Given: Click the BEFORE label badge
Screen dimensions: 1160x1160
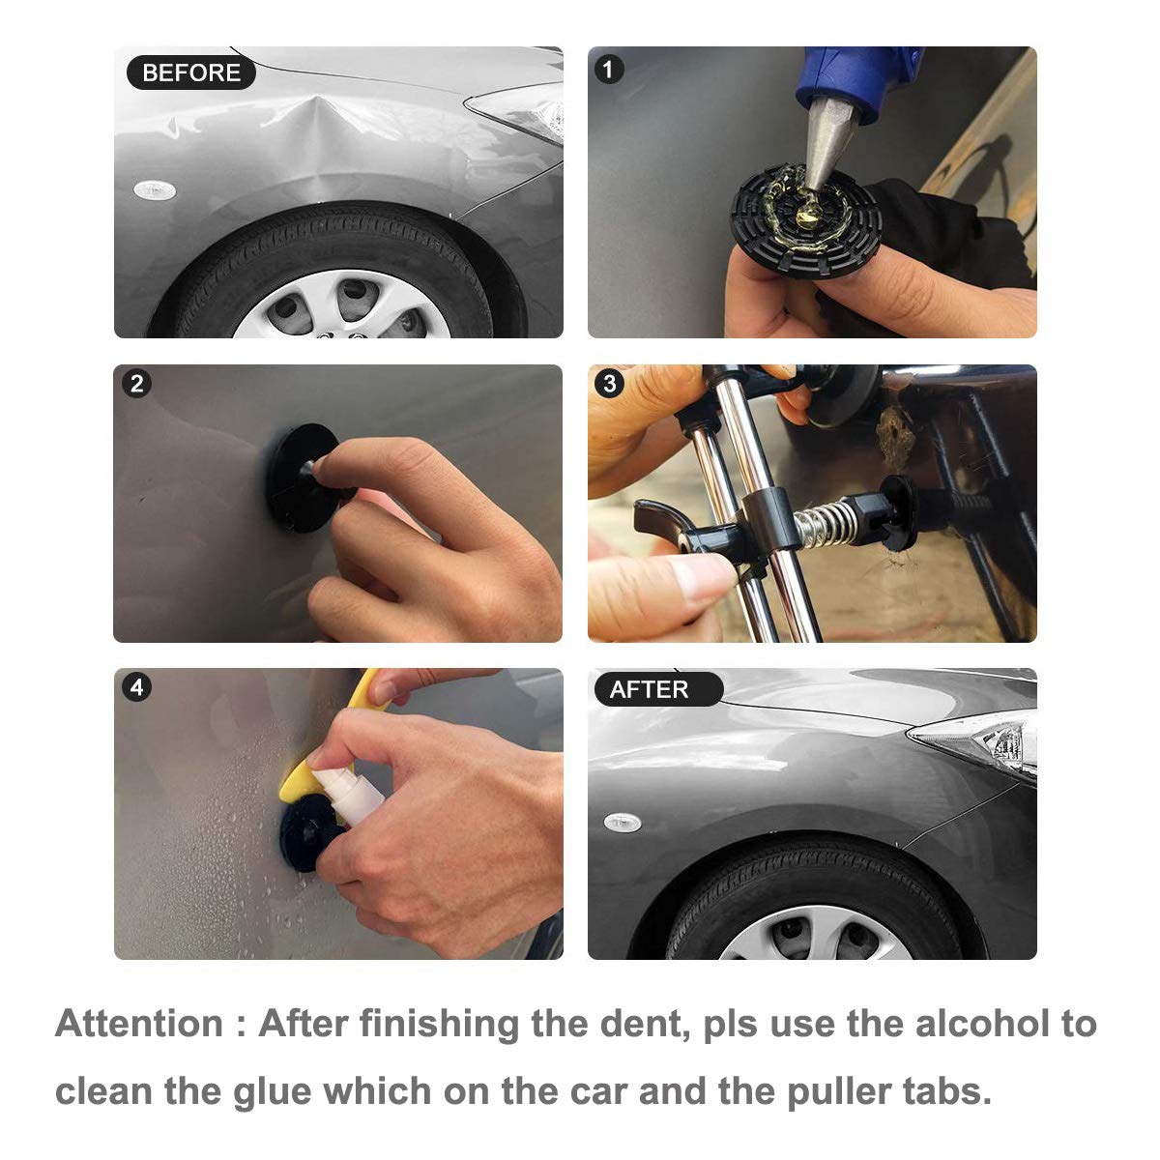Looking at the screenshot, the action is click(190, 72).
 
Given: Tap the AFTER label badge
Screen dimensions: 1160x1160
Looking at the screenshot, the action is click(658, 689).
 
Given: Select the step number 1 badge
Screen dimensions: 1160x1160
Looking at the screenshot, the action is click(609, 70).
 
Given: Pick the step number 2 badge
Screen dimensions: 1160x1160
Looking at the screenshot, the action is click(136, 384).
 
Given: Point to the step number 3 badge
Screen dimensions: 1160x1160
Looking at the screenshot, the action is click(609, 384).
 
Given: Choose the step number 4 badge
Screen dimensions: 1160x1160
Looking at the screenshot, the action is click(136, 687).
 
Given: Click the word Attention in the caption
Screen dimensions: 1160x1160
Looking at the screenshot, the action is click(139, 1023).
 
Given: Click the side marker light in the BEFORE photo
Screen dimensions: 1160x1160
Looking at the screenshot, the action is click(155, 190).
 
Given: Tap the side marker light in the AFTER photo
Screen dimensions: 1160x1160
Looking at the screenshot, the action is click(623, 822).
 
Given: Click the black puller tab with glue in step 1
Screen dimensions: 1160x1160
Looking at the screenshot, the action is click(806, 220).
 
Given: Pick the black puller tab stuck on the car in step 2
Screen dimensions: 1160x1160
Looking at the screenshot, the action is click(301, 478).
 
